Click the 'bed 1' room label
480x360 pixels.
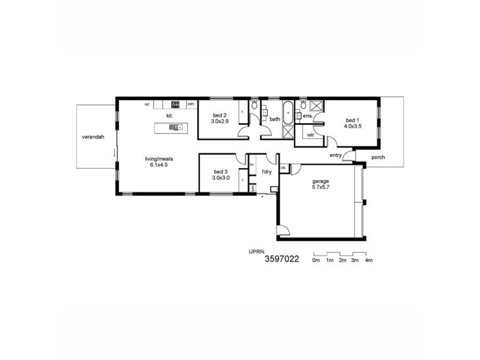[x=352, y=119]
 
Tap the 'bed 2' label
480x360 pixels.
[x=220, y=115]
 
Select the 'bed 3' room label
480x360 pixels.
[x=220, y=172]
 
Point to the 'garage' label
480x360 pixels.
[x=320, y=181]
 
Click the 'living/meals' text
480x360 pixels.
[x=158, y=158]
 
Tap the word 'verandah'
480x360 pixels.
[x=93, y=137]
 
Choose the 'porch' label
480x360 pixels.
[x=379, y=158]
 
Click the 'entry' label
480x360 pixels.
[x=336, y=156]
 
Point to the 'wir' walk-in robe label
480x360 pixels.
[x=310, y=135]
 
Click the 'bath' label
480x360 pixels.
[x=275, y=119]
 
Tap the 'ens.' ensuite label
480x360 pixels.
[x=307, y=115]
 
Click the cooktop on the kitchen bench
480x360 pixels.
[x=176, y=104]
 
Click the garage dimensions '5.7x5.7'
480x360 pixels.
[x=320, y=187]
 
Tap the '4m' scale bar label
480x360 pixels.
[x=369, y=260]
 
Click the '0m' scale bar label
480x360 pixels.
[x=316, y=260]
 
